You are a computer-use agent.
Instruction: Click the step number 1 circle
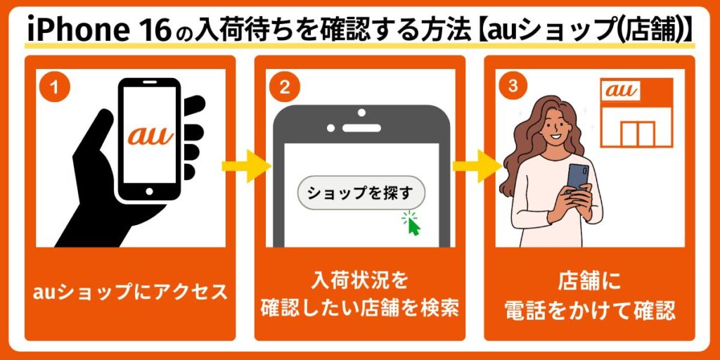[x=55, y=88]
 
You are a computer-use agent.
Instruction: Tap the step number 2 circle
[x=285, y=88]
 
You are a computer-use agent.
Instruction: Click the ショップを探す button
[x=361, y=193]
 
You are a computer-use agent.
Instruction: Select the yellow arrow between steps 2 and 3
[x=477, y=165]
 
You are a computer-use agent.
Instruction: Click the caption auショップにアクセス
[x=130, y=292]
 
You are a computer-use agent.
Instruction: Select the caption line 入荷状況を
[x=359, y=281]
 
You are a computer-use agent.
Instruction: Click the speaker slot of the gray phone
[x=361, y=128]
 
